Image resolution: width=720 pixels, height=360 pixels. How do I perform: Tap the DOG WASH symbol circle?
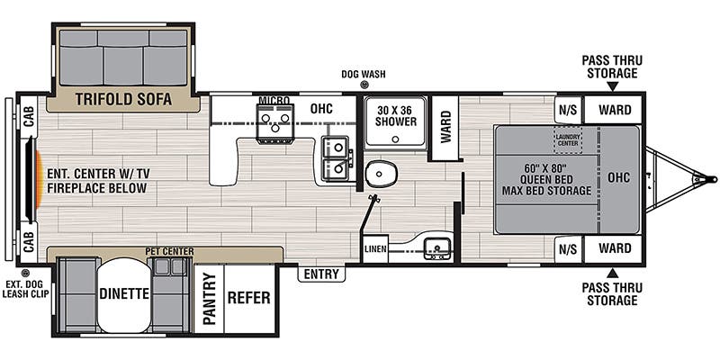tap(364, 85)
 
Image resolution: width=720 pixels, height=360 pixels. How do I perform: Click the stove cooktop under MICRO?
tap(275, 123)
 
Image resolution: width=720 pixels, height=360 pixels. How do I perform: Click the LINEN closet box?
tap(375, 248)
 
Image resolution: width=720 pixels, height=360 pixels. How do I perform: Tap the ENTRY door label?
tap(321, 274)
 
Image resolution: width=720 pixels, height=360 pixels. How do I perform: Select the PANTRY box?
tap(208, 299)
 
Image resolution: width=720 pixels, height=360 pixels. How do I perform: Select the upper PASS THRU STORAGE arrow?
tap(612, 87)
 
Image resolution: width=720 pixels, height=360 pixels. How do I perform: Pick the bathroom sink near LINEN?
tap(437, 247)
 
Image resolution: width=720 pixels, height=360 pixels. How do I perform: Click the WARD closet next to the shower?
tap(444, 127)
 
